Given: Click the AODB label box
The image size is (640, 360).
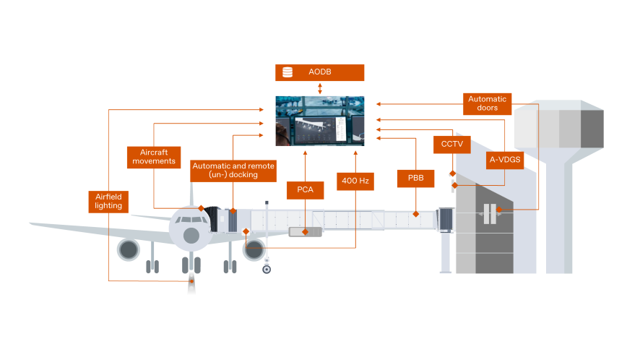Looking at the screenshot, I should (x=320, y=72).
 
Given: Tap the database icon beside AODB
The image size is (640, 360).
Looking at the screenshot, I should (x=287, y=72).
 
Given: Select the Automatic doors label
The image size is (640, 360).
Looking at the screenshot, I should (x=488, y=103).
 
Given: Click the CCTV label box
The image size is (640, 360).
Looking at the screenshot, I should (x=451, y=145).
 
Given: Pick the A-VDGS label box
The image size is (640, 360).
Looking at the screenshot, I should (x=504, y=160).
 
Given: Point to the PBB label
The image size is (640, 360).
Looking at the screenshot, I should (x=415, y=179).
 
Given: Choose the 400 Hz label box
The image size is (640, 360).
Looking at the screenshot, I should (x=355, y=181).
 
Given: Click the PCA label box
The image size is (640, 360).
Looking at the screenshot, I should (x=305, y=190).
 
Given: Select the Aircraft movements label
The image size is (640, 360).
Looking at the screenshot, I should (x=153, y=157).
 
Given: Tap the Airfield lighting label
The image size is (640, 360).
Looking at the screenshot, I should (x=108, y=201).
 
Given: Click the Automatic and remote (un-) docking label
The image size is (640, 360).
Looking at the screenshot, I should (x=233, y=171).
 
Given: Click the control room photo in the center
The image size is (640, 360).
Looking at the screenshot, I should (x=320, y=121).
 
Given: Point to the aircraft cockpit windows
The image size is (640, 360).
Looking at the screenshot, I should (x=191, y=219).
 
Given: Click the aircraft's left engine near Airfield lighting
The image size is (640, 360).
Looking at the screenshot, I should (x=129, y=250).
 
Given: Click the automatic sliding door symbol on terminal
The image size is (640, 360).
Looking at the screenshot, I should (x=490, y=213).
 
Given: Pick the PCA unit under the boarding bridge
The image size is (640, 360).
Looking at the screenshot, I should (x=305, y=232).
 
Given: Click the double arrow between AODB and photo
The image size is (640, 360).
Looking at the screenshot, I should (x=320, y=88).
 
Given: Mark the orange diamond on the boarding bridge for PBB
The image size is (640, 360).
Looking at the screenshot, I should (x=415, y=214).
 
